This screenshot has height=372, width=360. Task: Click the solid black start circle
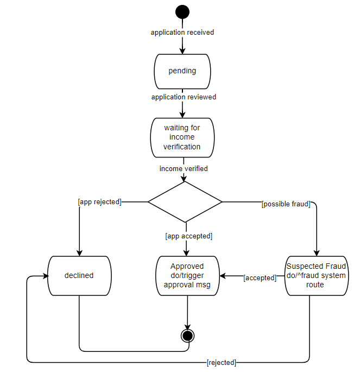pyautogui.click(x=182, y=12)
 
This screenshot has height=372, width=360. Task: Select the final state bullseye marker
pyautogui.click(x=187, y=336)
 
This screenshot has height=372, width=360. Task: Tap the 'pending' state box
pyautogui.click(x=182, y=71)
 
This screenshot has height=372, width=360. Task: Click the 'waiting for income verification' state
pyautogui.click(x=182, y=138)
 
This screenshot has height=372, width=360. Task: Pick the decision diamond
pyautogui.click(x=185, y=202)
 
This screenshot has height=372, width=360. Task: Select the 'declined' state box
pyautogui.click(x=79, y=276)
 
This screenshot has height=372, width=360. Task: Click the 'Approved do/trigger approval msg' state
pyautogui.click(x=187, y=276)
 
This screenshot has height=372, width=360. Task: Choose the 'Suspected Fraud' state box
pyautogui.click(x=316, y=276)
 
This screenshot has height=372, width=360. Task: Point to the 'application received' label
pyautogui.click(x=182, y=33)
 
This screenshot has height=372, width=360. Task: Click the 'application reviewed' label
pyautogui.click(x=184, y=97)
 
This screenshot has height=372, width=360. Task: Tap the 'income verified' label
pyautogui.click(x=184, y=169)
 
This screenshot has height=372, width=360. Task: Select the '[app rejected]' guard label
pyautogui.click(x=99, y=202)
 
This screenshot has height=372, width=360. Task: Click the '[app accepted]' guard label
pyautogui.click(x=188, y=236)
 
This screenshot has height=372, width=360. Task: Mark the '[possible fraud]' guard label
pyautogui.click(x=286, y=204)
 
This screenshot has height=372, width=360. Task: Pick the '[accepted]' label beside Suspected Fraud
pyautogui.click(x=260, y=278)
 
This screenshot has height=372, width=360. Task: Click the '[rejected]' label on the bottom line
pyautogui.click(x=222, y=362)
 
